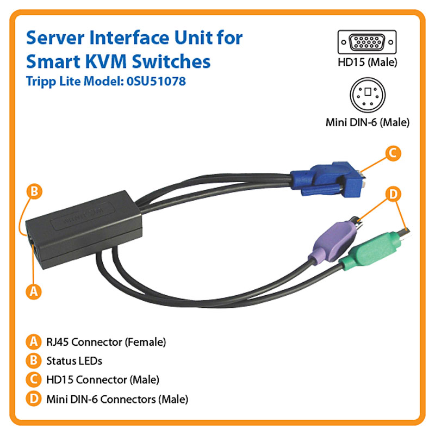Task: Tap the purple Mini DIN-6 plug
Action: click(x=336, y=240)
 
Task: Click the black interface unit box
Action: click(x=83, y=229)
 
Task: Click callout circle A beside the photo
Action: click(x=34, y=291)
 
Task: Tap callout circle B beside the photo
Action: click(x=34, y=191)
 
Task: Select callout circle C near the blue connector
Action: click(x=393, y=153)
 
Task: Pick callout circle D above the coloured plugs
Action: click(x=393, y=194)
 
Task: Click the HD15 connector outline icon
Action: click(x=367, y=42)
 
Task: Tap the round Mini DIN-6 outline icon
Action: click(x=368, y=95)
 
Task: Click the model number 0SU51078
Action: click(x=156, y=81)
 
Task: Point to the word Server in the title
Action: click(x=55, y=38)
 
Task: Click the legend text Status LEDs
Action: click(x=74, y=361)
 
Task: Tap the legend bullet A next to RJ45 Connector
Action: click(x=34, y=342)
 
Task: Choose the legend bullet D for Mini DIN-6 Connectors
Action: click(x=34, y=399)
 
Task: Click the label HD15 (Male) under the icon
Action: click(x=368, y=62)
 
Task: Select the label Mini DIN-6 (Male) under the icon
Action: click(x=368, y=122)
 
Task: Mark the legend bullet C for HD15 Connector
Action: click(x=34, y=380)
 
